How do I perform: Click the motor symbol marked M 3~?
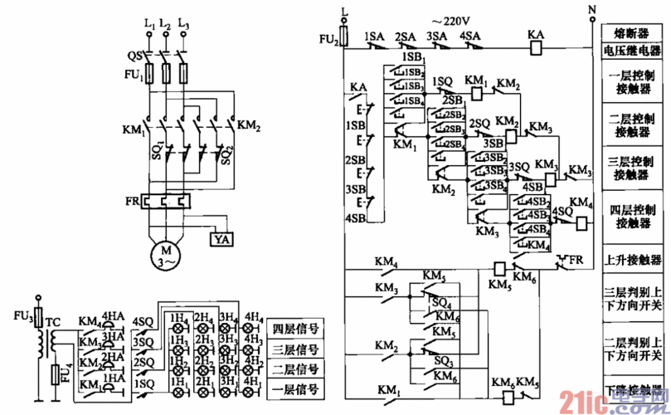[167, 253]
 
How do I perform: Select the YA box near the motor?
[221, 240]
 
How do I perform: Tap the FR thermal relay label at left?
[129, 202]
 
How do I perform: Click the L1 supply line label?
[149, 27]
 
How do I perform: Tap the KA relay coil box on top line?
[536, 49]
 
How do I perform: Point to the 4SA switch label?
[470, 37]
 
